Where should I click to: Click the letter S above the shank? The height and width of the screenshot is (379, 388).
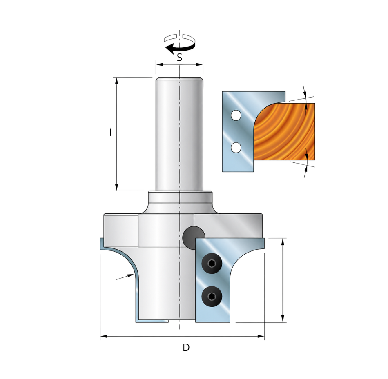(x=180, y=58)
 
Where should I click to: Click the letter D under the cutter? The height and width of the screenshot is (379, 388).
(x=186, y=347)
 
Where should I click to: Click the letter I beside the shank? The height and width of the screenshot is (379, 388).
(x=110, y=132)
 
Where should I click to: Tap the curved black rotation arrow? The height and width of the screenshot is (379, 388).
(x=179, y=48)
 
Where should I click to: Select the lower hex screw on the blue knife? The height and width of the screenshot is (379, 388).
(x=212, y=297)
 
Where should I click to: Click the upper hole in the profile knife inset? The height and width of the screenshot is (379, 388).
(x=236, y=115)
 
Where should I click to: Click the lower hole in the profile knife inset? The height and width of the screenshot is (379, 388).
(x=236, y=147)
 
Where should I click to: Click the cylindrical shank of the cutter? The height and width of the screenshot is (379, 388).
(x=179, y=134)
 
